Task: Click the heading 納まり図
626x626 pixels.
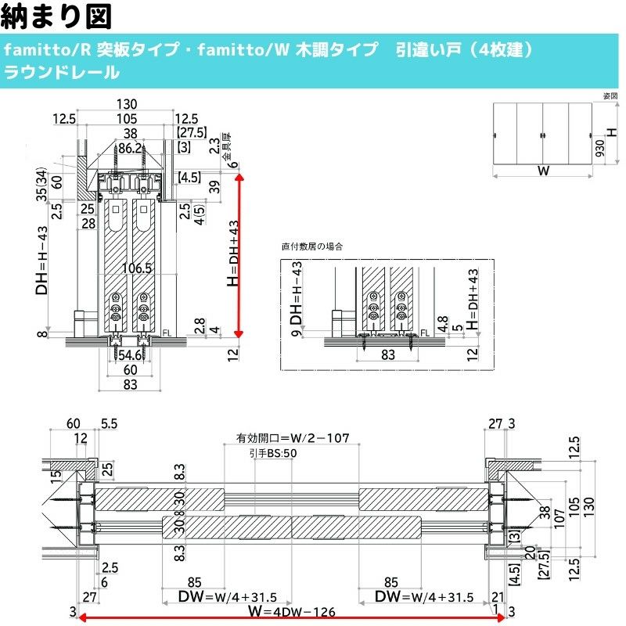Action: tap(58, 16)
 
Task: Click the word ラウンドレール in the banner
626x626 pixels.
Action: tap(62, 74)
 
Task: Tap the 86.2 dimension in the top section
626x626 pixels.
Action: tap(129, 147)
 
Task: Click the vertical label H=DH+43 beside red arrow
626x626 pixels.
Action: tap(233, 254)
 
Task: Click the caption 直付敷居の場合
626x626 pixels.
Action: tap(312, 246)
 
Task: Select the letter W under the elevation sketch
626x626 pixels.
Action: tap(542, 172)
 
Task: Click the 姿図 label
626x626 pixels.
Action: tap(610, 95)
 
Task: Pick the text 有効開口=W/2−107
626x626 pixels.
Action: tap(291, 439)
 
